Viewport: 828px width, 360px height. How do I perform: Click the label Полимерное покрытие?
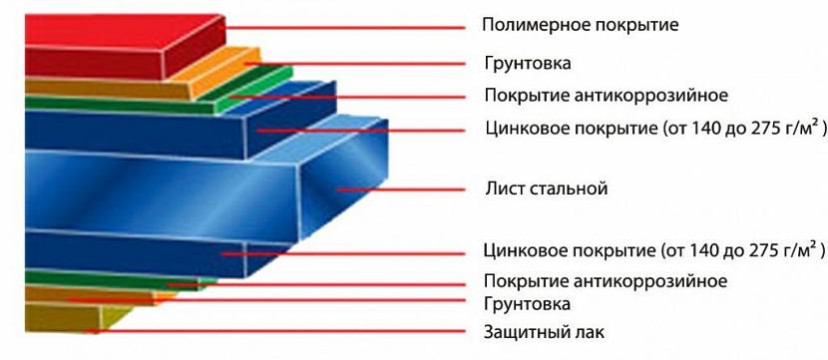580,25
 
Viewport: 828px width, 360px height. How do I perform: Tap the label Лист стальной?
547,188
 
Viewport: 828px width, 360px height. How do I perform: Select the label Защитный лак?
544,332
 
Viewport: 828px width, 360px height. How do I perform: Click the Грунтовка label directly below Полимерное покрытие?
528,64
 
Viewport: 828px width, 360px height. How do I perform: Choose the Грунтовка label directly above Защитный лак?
527,304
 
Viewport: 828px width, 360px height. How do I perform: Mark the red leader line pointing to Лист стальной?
401,189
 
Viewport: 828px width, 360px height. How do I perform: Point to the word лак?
591,332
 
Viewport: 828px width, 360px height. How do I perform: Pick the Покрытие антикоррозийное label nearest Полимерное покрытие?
607,96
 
